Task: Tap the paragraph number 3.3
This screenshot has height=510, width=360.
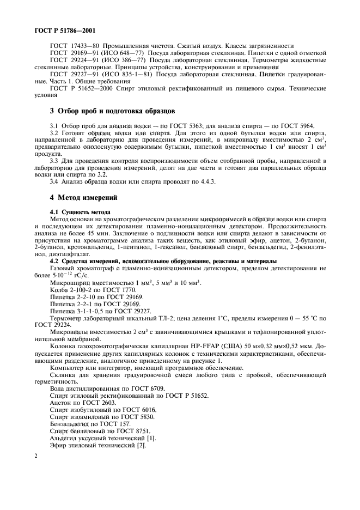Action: (55, 161)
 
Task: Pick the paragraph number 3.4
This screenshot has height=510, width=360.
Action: (55, 182)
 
